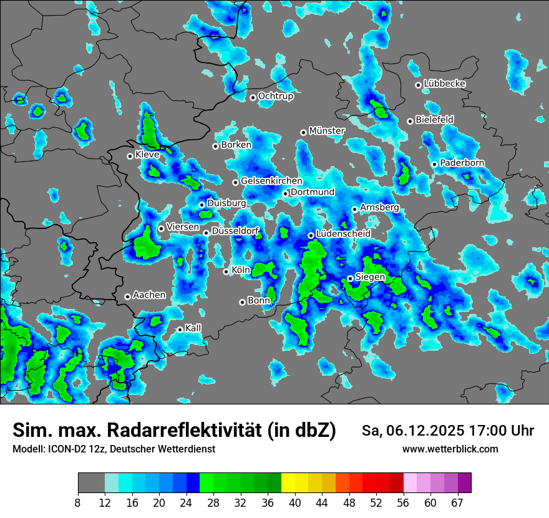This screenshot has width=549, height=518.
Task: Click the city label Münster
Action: coord(327,131)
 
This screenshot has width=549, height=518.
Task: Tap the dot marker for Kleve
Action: coord(130,156)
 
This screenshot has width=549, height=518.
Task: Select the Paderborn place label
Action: coord(462,163)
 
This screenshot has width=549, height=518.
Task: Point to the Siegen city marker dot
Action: coord(351,278)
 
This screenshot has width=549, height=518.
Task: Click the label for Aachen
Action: coord(149,295)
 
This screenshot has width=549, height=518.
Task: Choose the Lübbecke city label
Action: coord(444,84)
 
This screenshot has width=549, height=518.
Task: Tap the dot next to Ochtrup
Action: coord(253,97)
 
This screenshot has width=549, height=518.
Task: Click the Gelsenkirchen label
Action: coord(271,181)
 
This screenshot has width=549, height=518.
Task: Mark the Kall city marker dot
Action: coord(180,330)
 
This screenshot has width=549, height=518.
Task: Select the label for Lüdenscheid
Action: coord(343,233)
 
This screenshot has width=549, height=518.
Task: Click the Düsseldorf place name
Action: coord(235,231)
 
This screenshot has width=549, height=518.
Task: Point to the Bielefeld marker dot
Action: coord(410,121)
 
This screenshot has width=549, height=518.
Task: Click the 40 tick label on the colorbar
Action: coord(295,502)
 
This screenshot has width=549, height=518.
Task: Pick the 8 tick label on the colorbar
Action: coord(78,502)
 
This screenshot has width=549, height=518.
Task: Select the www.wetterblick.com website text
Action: coord(450,449)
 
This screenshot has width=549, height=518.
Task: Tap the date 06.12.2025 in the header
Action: coord(419,431)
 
